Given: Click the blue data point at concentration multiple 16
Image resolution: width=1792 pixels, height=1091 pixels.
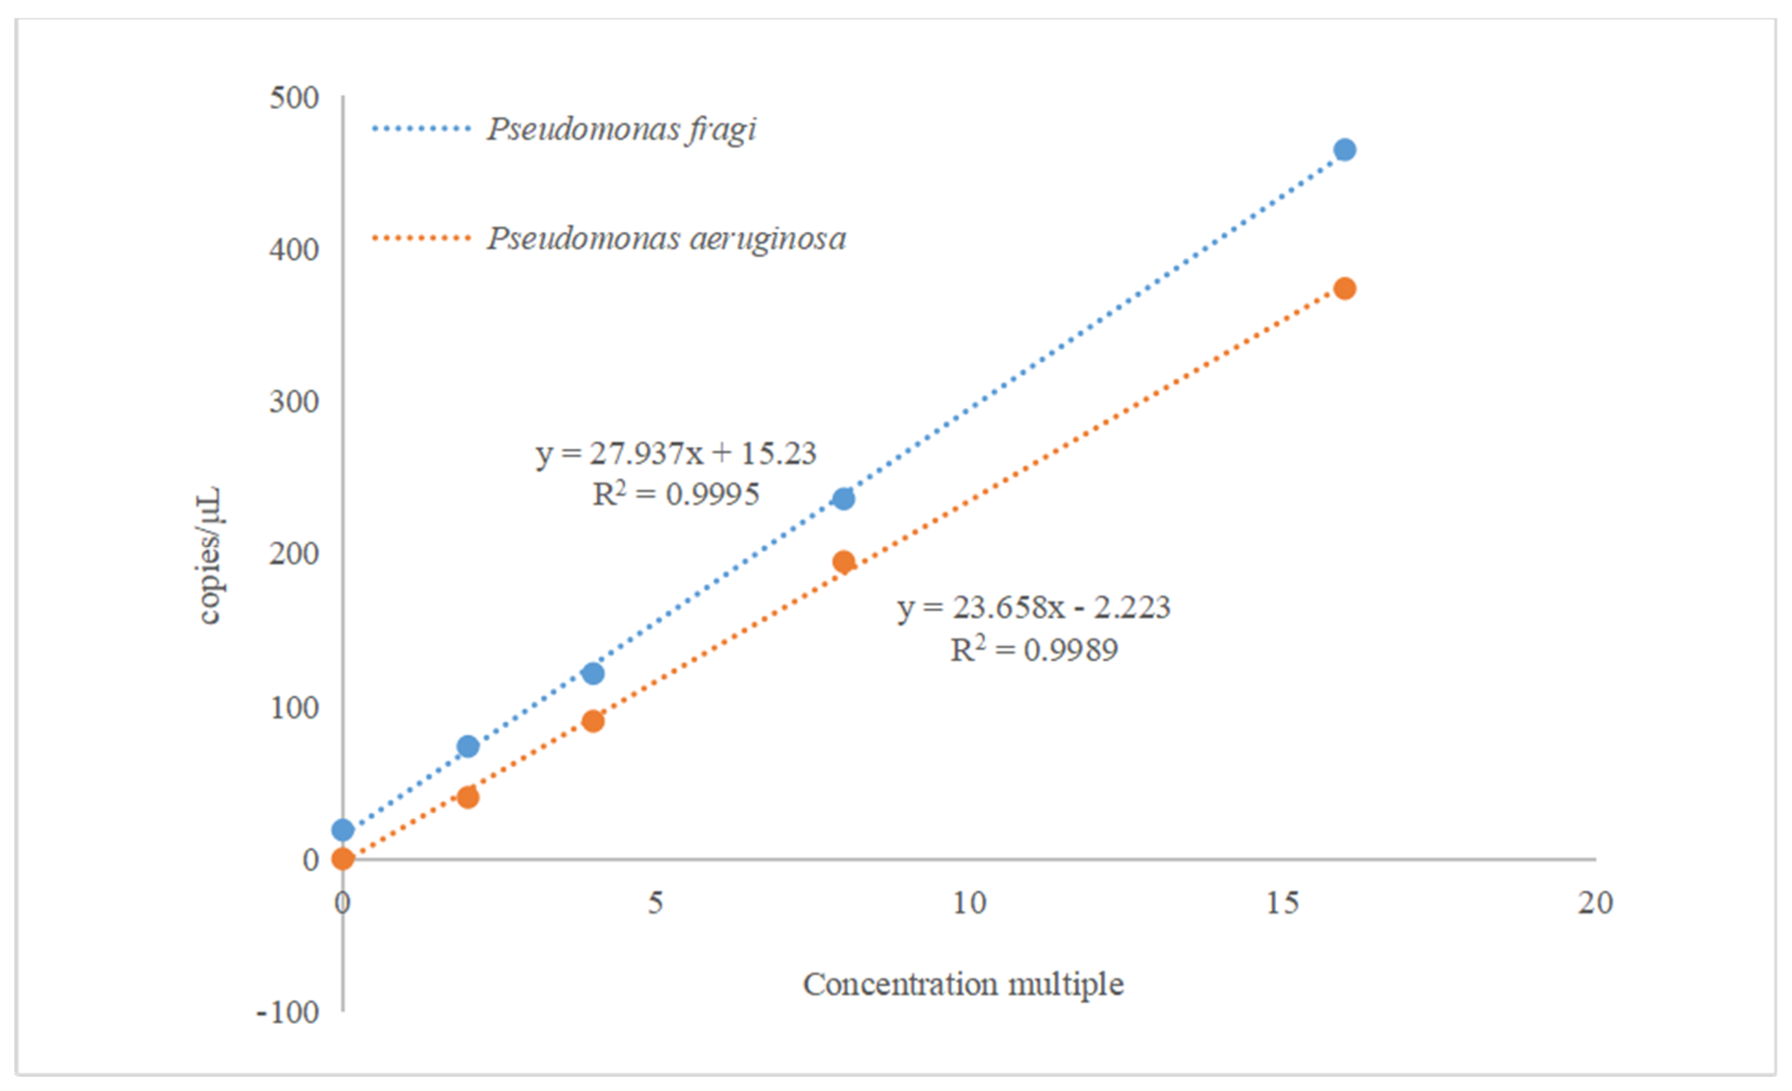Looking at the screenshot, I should (1345, 150).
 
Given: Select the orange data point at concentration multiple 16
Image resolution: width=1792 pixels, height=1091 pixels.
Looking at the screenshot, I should (1345, 289).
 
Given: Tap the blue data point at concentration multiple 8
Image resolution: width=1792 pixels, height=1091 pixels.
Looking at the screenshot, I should (844, 499).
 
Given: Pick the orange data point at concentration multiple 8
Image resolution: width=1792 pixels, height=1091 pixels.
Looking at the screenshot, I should (844, 562).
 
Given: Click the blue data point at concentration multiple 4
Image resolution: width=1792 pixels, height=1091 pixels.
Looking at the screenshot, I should (593, 674).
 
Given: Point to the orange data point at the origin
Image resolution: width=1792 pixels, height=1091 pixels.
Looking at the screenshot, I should (343, 859).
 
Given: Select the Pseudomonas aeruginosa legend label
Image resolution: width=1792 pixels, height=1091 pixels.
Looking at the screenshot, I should (666, 238).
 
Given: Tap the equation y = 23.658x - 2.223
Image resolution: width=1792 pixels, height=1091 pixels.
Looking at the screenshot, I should (1033, 607).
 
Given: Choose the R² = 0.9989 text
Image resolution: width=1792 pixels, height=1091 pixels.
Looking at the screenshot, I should (1033, 649).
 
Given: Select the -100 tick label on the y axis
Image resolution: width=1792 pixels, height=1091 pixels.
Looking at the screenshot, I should (288, 1013).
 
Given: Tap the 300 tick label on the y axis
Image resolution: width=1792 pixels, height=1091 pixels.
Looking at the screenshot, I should (294, 402).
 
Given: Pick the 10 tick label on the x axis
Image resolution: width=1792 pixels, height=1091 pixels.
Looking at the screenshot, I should (969, 903).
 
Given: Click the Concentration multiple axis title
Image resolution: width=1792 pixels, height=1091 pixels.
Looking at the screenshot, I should (963, 985).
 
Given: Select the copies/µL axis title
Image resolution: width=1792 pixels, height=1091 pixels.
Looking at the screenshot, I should (210, 556).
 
